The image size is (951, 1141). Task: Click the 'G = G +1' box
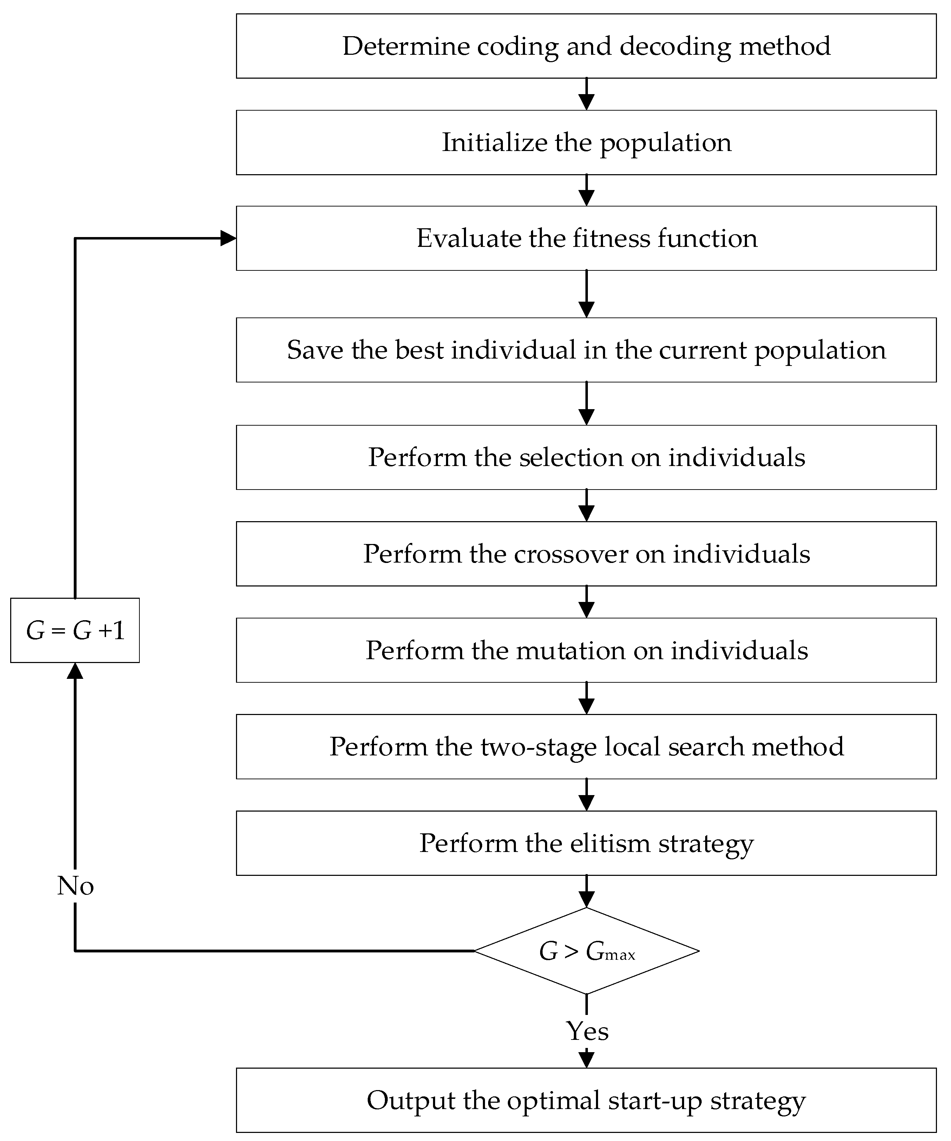75,630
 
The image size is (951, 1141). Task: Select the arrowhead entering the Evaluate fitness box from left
228,238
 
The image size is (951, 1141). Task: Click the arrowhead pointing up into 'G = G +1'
75,671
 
